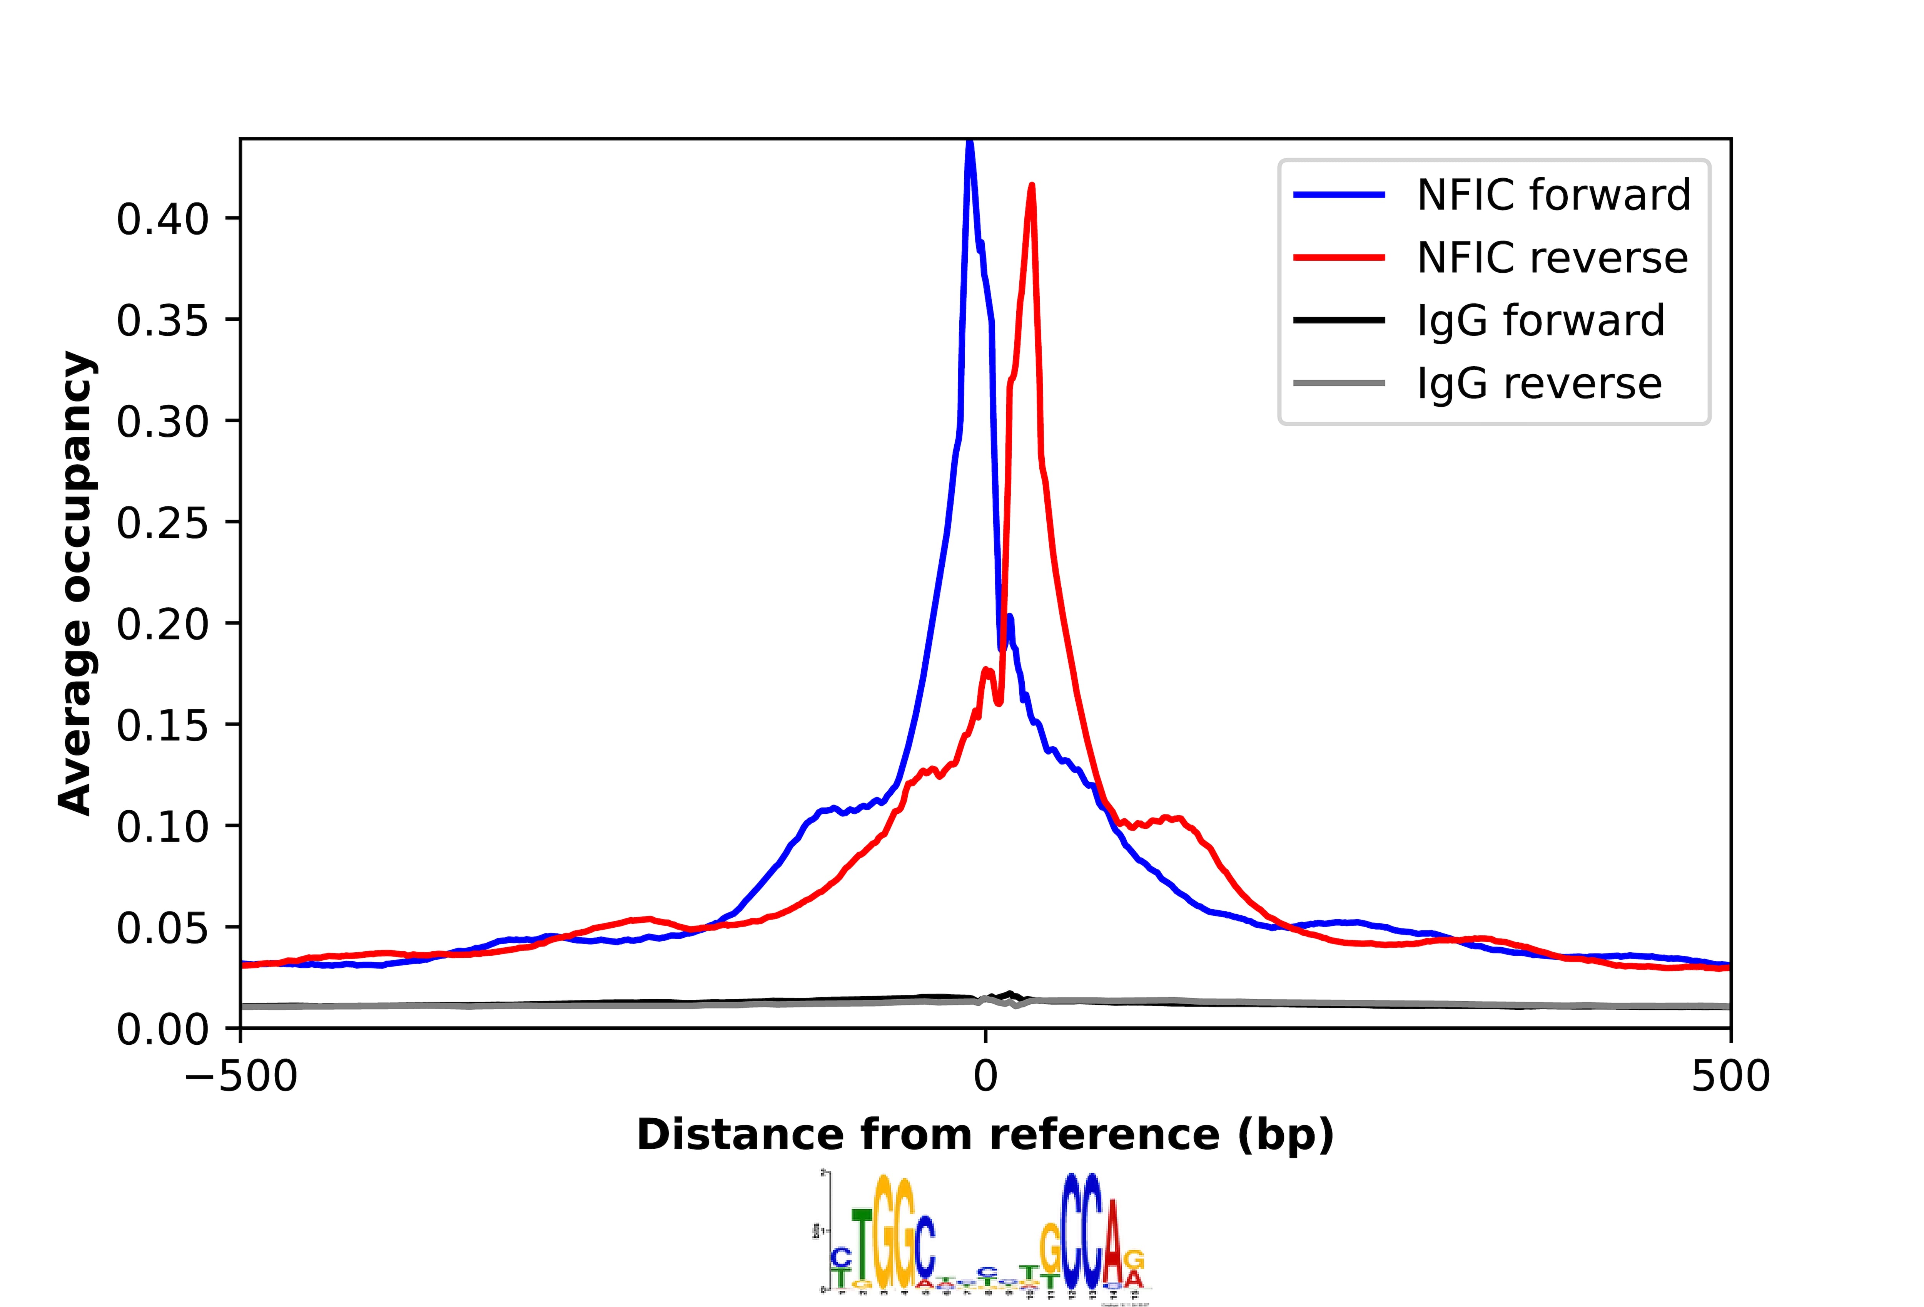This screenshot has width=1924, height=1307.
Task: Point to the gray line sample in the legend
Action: click(1339, 383)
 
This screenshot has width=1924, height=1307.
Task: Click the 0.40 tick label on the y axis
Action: click(162, 220)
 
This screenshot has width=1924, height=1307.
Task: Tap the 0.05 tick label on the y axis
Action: click(162, 928)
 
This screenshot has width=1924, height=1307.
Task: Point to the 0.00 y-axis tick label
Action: click(162, 1029)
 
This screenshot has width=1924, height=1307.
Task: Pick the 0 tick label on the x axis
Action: click(985, 1077)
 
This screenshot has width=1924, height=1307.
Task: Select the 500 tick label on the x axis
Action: click(1729, 1077)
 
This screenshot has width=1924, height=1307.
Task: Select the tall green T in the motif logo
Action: click(862, 1251)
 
